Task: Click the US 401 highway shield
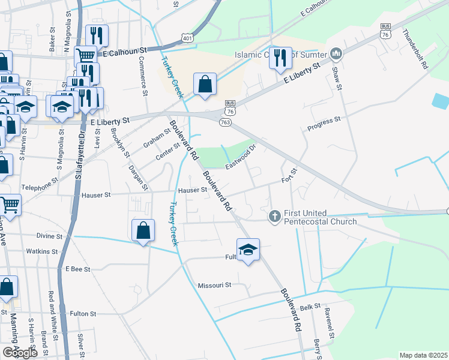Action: point(188,37)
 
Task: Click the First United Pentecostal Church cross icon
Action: point(274,215)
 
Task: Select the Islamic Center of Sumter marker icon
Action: point(336,55)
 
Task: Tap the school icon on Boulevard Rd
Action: point(248,249)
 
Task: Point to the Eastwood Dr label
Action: point(241,155)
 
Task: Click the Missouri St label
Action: point(215,285)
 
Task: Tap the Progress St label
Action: point(324,124)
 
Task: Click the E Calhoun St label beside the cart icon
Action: point(125,53)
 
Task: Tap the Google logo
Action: point(20,353)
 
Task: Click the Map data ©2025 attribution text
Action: point(423,355)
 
